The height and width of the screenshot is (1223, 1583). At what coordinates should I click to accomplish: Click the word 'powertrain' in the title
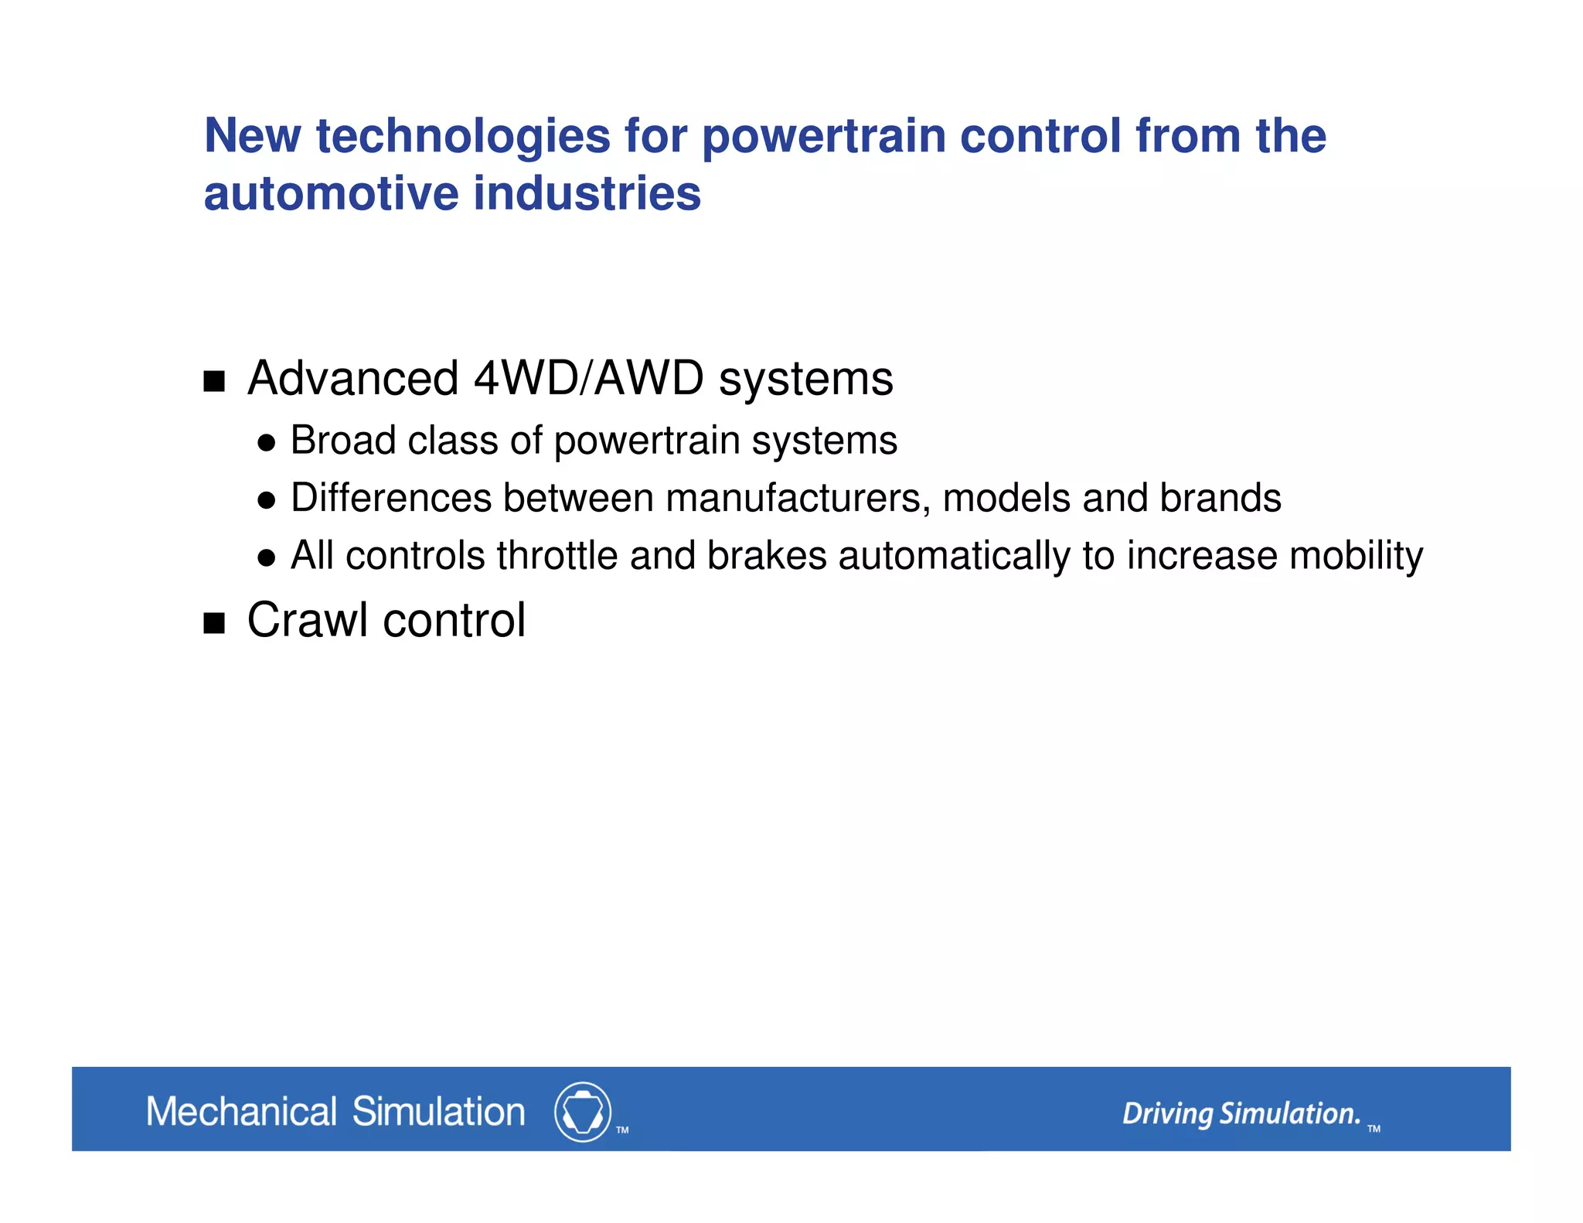(x=823, y=138)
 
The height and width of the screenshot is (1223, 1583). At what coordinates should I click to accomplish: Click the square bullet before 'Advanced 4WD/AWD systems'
(x=214, y=381)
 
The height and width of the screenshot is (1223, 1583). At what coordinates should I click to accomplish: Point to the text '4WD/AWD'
(x=588, y=379)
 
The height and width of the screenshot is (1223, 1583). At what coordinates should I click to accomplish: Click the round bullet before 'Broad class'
(x=267, y=443)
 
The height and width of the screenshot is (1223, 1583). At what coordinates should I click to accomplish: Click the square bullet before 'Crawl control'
(x=214, y=623)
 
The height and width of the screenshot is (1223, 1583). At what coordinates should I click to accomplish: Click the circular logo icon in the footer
(x=583, y=1112)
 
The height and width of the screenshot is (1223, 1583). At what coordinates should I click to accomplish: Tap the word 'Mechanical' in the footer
(x=241, y=1112)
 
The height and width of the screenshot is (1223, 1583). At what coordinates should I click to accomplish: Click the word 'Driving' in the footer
(x=1167, y=1114)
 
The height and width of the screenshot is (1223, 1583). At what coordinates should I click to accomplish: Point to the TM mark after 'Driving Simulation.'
(x=1374, y=1129)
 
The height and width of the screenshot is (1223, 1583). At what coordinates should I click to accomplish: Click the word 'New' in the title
(x=252, y=136)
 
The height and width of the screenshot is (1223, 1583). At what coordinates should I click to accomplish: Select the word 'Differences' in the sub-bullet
(x=391, y=498)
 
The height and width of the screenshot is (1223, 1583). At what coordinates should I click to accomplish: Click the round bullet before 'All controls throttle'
(x=267, y=558)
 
